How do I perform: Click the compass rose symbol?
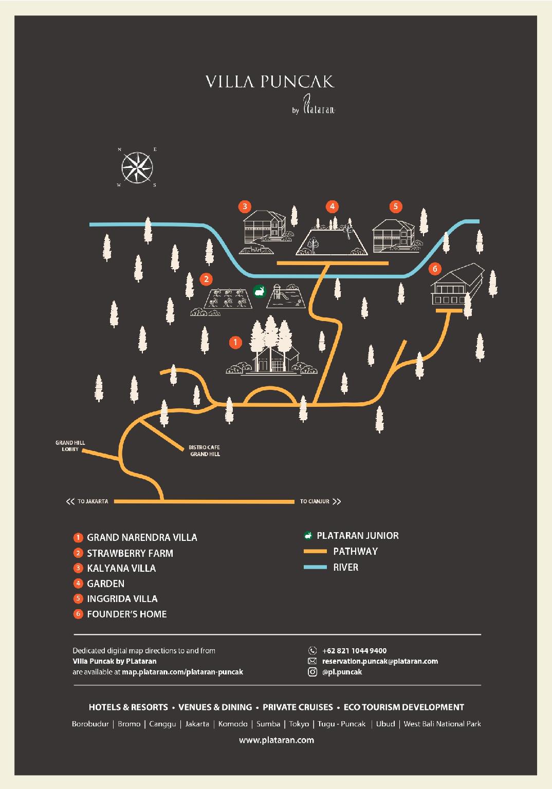point(137,167)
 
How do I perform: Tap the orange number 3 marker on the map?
point(245,206)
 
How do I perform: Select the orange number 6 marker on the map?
point(435,269)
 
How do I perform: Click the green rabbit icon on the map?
point(260,291)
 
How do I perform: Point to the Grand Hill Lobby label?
point(70,445)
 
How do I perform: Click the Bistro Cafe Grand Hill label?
point(205,450)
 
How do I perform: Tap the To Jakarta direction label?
point(87,501)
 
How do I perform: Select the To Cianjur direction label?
point(320,501)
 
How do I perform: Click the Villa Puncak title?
point(270,82)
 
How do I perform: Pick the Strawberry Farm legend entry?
point(123,553)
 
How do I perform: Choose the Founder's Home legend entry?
point(120,614)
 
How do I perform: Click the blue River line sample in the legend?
point(315,567)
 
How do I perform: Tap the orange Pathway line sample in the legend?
point(315,551)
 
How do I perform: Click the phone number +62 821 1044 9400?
point(354,651)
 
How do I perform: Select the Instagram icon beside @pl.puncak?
point(312,672)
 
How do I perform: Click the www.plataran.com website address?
point(277,740)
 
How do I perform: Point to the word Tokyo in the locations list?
point(299,724)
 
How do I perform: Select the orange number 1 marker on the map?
point(235,343)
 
